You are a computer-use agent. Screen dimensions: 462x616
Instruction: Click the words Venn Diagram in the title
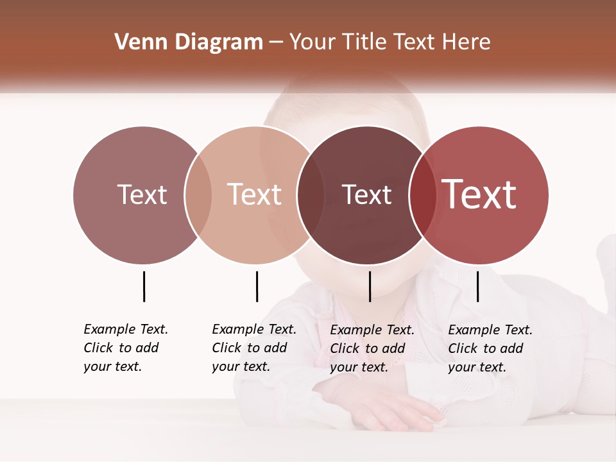tap(189, 42)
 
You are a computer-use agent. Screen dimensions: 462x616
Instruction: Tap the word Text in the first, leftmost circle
tap(142, 194)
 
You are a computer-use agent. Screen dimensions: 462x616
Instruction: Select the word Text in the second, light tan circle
tap(255, 194)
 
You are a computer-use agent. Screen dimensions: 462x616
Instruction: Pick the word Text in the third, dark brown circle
tap(366, 194)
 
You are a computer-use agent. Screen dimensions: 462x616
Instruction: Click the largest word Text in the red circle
tap(479, 194)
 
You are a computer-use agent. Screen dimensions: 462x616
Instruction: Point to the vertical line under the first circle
tap(144, 286)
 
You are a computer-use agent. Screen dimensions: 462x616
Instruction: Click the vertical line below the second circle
tap(257, 286)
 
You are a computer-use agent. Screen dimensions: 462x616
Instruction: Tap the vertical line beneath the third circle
tap(370, 286)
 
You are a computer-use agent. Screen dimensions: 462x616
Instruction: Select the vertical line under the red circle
tap(477, 286)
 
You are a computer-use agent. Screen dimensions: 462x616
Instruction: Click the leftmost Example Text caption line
tap(126, 329)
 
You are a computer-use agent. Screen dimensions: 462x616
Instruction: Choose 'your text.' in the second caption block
tap(241, 366)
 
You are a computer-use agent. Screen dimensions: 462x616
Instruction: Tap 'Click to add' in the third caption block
tap(368, 348)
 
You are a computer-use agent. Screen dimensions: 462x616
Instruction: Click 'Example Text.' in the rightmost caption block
tap(490, 330)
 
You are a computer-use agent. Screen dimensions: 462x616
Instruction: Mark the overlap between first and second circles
tap(198, 194)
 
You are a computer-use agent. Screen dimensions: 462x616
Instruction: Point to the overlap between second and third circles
tap(311, 194)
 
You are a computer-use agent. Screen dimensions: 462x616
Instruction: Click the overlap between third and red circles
tap(423, 194)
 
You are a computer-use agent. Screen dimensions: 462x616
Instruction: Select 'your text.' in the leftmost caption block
tap(112, 366)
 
